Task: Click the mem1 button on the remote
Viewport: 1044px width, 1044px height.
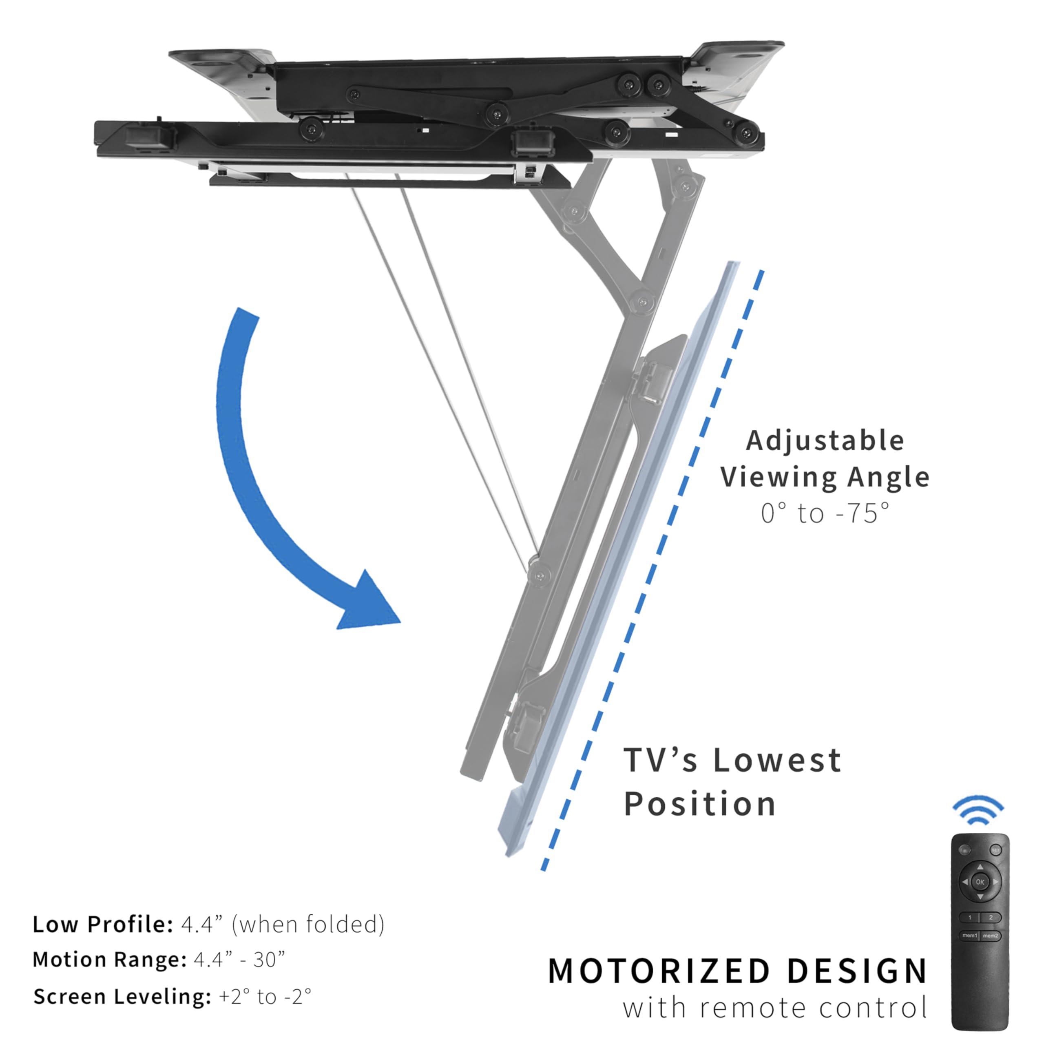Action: pos(969,936)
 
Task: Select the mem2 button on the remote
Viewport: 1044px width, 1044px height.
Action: pos(991,936)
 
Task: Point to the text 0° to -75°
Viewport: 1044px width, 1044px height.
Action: pos(825,513)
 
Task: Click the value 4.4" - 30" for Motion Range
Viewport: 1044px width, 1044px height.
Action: pos(239,960)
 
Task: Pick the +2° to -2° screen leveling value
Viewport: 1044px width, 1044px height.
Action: pos(265,996)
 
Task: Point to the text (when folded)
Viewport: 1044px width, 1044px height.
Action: pos(308,925)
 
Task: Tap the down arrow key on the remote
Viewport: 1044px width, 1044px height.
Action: pos(980,896)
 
